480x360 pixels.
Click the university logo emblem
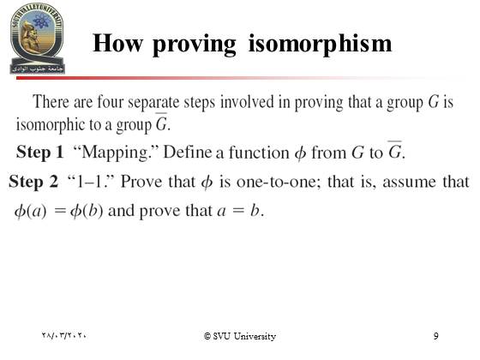(x=37, y=38)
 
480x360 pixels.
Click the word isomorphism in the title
(x=320, y=44)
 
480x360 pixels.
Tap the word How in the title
(x=118, y=43)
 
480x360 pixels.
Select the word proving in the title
(x=195, y=45)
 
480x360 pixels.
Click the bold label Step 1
(x=39, y=153)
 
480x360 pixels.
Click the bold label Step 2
(x=33, y=181)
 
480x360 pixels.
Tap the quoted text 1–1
(x=91, y=181)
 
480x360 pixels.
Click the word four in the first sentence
(x=110, y=102)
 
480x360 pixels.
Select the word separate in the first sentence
(x=153, y=103)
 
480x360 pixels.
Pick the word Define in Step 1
(x=188, y=152)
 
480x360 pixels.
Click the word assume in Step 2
(x=409, y=182)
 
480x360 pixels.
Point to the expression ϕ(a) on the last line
(x=31, y=211)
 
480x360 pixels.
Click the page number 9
(x=436, y=336)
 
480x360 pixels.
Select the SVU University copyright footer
(x=240, y=336)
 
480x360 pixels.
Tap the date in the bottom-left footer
(x=64, y=335)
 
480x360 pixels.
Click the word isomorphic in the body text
(x=50, y=124)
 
